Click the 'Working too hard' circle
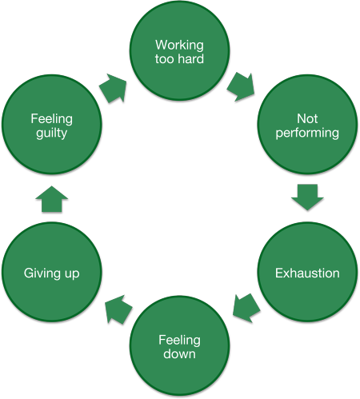[179, 50]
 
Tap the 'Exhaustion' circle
[307, 273]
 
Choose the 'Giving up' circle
[52, 273]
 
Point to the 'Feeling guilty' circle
[52, 126]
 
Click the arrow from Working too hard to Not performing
[241, 85]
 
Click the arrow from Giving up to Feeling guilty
[52, 199]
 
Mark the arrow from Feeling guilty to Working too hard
[114, 90]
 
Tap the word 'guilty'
[52, 134]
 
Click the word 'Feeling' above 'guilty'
[52, 119]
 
